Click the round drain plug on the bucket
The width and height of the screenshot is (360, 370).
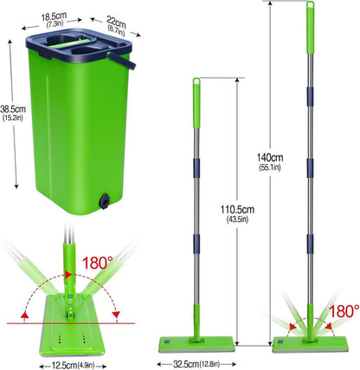(x=104, y=201)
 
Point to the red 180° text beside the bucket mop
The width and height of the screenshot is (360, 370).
(x=98, y=263)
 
